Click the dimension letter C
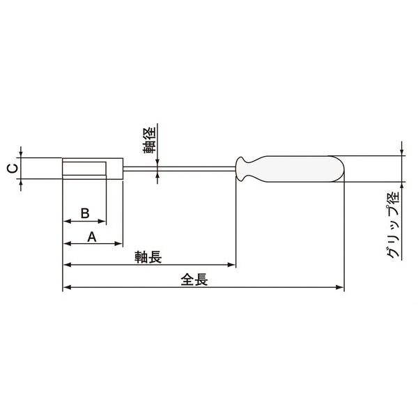click(13, 169)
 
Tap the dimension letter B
click(85, 213)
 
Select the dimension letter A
click(92, 237)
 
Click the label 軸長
click(148, 257)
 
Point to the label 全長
click(194, 280)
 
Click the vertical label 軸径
click(149, 140)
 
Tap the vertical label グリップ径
click(394, 225)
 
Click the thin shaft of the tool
click(180, 169)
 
